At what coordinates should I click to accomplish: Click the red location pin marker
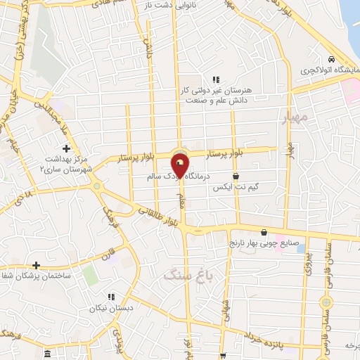point(180,166)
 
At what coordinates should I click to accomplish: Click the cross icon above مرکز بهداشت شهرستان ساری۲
point(67,148)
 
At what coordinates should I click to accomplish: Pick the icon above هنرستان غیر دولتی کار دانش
point(216,79)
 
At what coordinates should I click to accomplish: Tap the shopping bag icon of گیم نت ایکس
point(236,176)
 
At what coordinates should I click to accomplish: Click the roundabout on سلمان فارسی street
point(325,302)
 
